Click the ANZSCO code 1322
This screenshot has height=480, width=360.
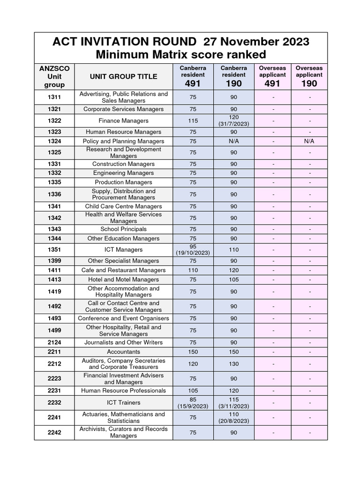point(54,120)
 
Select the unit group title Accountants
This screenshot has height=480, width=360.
point(123,352)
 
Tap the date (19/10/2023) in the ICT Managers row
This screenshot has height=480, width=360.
point(193,253)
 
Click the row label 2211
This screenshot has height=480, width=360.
point(54,352)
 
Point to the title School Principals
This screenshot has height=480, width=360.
point(123,229)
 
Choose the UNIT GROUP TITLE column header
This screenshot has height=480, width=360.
point(123,76)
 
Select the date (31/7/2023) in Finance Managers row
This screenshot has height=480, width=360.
point(233,124)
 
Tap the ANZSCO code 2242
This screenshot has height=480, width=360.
point(54,433)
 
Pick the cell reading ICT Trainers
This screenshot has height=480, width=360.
point(123,402)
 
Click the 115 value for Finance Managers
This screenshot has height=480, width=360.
point(193,120)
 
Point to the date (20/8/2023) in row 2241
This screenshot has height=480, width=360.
point(233,420)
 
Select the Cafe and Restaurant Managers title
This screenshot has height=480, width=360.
point(123,270)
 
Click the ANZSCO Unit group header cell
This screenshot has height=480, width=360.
point(54,76)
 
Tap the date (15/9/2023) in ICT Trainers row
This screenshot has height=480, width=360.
point(193,406)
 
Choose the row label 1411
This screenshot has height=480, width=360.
point(54,270)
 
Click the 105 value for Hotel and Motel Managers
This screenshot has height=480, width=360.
point(233,279)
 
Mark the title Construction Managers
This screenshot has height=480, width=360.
point(123,164)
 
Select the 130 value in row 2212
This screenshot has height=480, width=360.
point(233,364)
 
